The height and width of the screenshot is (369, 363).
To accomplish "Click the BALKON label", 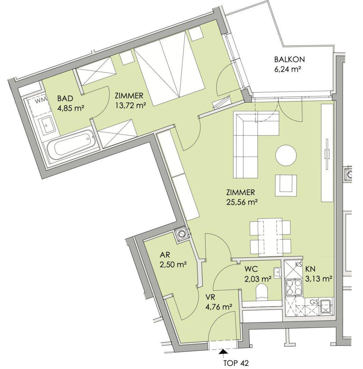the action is click(x=290, y=59).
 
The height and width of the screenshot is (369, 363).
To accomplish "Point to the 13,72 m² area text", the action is click(x=130, y=106).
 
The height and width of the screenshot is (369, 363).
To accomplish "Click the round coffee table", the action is click(x=286, y=156).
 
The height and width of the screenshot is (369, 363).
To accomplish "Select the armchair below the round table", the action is click(x=286, y=184).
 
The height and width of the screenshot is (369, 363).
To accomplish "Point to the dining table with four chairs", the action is click(x=270, y=237).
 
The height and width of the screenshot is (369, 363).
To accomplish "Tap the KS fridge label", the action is click(x=299, y=264).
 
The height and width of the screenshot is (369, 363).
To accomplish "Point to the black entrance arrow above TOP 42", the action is click(x=223, y=351).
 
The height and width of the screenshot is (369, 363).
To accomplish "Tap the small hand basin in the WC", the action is click(x=278, y=271).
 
